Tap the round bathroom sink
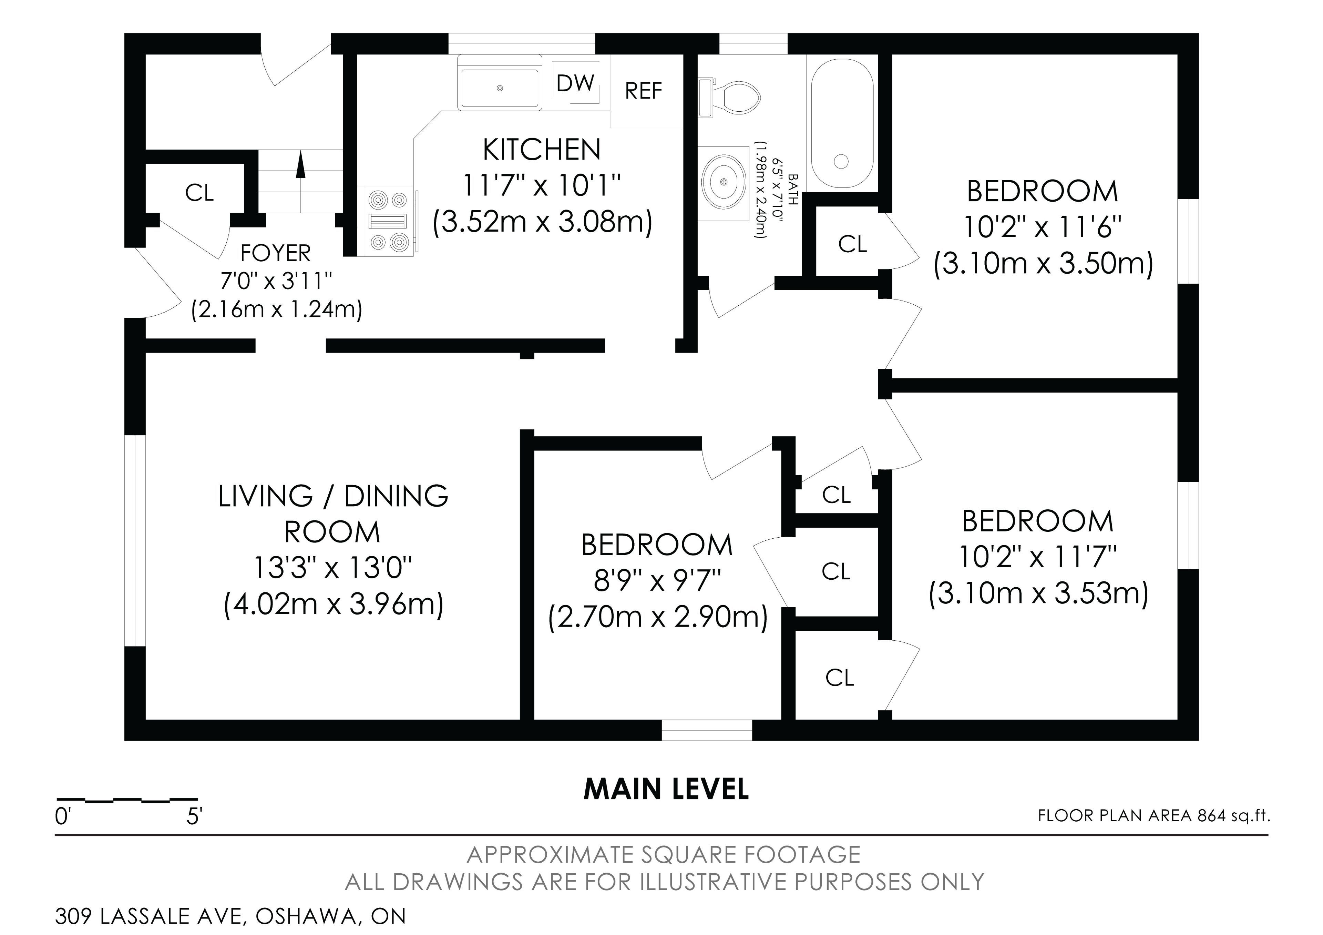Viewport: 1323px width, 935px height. click(724, 182)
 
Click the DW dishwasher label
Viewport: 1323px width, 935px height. click(575, 84)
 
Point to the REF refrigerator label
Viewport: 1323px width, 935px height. click(644, 91)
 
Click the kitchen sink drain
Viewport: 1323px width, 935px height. click(500, 88)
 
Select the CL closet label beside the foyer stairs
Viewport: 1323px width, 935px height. click(199, 193)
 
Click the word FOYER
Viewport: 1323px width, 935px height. click(275, 253)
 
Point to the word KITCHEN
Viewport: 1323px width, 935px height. click(542, 150)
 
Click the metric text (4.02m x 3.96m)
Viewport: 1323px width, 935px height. click(333, 604)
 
